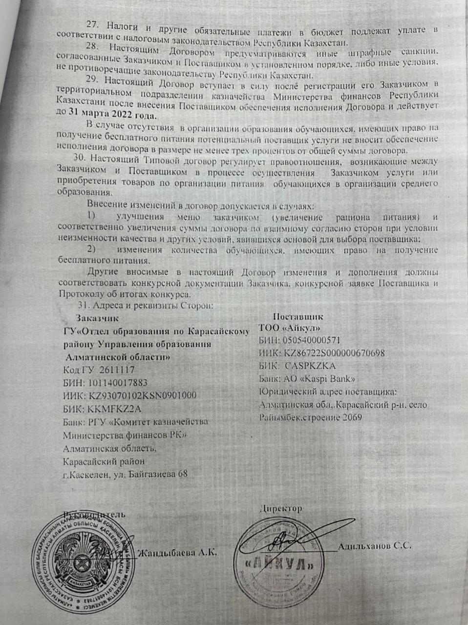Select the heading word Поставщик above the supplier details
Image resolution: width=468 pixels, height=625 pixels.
[298, 316]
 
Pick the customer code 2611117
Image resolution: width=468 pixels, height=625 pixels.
[117, 370]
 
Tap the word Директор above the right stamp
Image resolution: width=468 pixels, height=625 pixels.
[281, 508]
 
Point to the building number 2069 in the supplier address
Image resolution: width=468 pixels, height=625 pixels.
[352, 417]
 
